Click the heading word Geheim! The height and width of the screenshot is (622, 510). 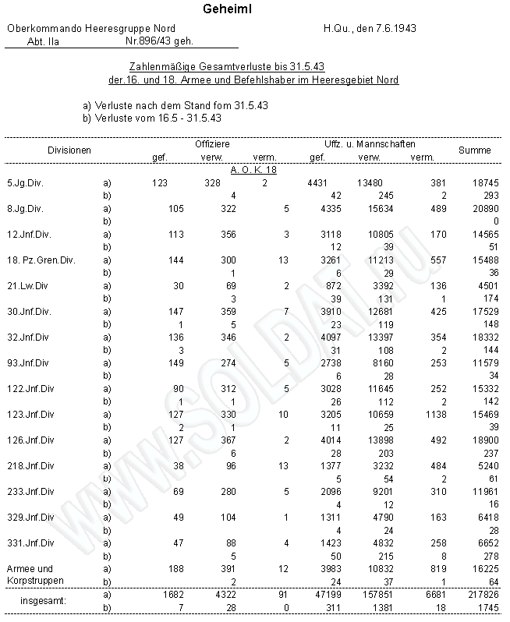tap(227, 9)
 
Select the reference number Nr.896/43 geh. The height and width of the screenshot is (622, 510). tap(160, 41)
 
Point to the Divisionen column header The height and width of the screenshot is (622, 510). tap(69, 150)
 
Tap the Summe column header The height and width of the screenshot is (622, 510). tap(474, 150)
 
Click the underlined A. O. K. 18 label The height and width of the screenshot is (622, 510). tap(254, 169)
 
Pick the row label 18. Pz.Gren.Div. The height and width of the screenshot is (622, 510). tap(41, 260)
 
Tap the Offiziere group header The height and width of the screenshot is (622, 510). tap(211, 144)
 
